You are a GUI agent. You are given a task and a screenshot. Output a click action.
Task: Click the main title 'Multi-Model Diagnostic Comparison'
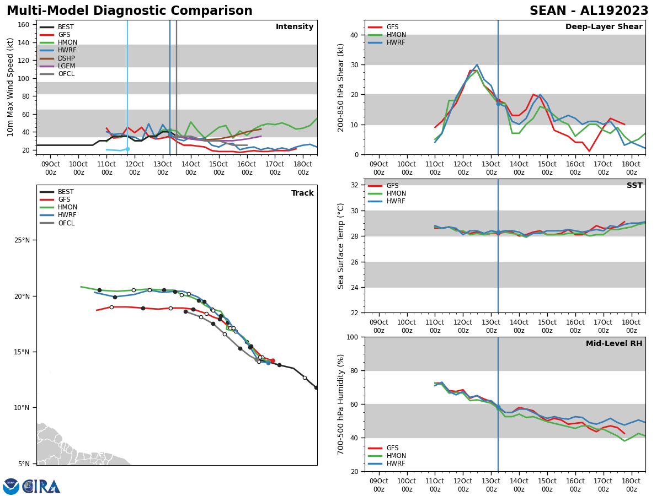click(x=129, y=11)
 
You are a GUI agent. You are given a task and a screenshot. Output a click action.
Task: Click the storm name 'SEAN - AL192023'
click(x=589, y=11)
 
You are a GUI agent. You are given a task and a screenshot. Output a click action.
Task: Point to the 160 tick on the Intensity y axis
click(x=24, y=25)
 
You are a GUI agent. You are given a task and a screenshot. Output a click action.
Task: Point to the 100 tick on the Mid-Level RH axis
click(x=351, y=337)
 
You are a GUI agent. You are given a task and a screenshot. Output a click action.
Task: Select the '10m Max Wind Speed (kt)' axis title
click(x=10, y=87)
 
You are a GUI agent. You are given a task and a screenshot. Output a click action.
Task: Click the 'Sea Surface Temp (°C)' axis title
click(x=341, y=246)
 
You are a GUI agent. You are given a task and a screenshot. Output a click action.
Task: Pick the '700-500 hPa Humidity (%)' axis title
click(x=341, y=404)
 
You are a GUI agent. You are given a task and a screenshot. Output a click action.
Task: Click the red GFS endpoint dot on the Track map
click(x=273, y=361)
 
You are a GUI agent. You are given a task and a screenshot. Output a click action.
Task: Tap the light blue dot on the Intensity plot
click(x=127, y=149)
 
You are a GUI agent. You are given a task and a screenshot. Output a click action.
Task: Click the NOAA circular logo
click(x=10, y=487)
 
